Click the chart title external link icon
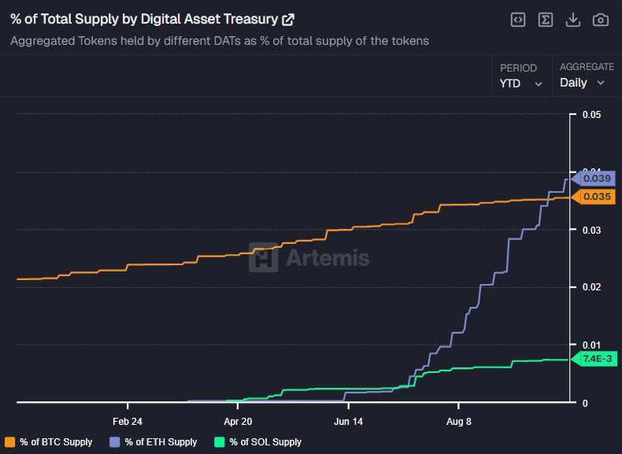coord(288,20)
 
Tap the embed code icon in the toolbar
coord(517,20)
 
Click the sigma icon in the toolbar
coord(545,20)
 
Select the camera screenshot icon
coord(600,20)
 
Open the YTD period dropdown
coord(521,83)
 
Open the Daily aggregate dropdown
coord(582,83)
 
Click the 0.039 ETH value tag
coord(596,179)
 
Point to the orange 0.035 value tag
coord(596,197)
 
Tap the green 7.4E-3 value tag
coord(596,359)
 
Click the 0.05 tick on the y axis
coord(591,115)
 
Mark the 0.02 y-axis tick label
coord(591,287)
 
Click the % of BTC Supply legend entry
coord(49,442)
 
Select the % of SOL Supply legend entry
coord(258,442)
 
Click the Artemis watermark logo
coord(309,257)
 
